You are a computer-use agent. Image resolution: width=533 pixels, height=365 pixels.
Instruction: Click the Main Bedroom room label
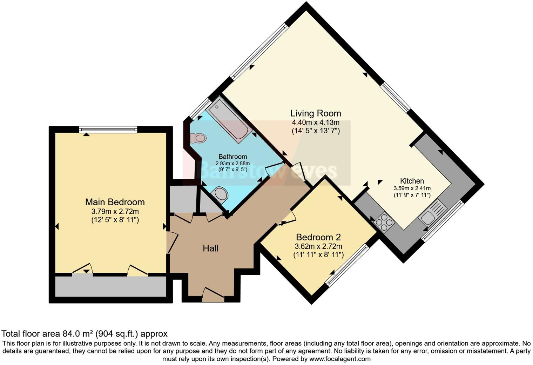(115, 202)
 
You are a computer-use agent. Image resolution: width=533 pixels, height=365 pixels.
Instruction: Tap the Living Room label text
(315, 113)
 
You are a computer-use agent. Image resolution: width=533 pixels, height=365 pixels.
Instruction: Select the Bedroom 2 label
(318, 237)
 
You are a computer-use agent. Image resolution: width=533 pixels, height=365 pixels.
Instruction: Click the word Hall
(210, 248)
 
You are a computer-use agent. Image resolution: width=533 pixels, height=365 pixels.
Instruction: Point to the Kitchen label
(412, 181)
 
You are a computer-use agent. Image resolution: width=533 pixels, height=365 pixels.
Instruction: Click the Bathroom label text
(232, 157)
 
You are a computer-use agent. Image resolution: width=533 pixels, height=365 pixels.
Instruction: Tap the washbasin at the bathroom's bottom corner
(221, 194)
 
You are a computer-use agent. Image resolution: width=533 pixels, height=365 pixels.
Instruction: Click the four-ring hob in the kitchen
(384, 223)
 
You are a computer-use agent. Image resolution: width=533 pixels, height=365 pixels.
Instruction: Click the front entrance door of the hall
(213, 295)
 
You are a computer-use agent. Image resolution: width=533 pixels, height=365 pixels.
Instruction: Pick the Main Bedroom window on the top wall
(108, 130)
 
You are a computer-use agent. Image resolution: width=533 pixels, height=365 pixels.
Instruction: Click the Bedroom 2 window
(348, 264)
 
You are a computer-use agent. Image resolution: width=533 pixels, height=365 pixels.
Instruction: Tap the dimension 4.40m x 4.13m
(315, 123)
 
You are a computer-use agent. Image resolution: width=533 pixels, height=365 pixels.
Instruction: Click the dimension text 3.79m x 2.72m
(115, 212)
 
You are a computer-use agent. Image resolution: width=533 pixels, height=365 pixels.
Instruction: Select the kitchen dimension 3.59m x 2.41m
(412, 188)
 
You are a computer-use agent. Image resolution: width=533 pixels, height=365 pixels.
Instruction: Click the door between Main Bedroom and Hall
(172, 242)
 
